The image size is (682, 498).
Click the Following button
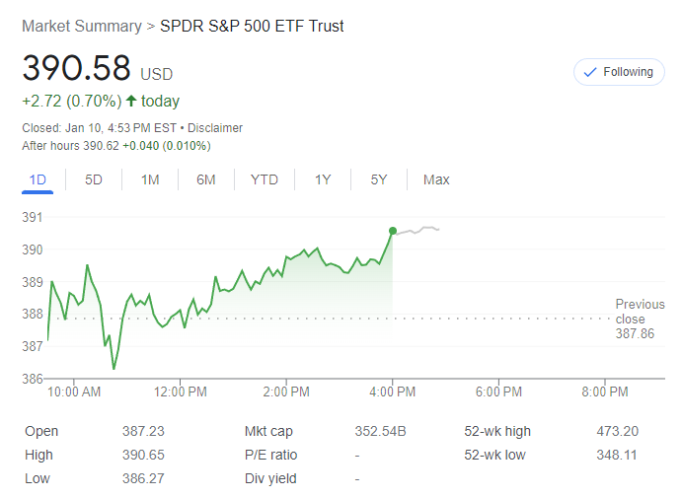[x=619, y=72]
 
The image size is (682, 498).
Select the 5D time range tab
[x=94, y=179]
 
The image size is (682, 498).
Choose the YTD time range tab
[x=265, y=179]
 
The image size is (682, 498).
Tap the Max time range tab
[x=436, y=179]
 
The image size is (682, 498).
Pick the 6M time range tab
[x=206, y=179]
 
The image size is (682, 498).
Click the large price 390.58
[x=77, y=68]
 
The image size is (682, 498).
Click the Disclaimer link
[x=215, y=128]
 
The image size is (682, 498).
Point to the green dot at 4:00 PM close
[x=393, y=231]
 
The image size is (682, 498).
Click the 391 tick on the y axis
[x=33, y=218]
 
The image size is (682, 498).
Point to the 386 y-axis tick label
[x=33, y=379]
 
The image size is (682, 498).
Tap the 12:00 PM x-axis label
[x=182, y=392]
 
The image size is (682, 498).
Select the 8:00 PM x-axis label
[x=604, y=392]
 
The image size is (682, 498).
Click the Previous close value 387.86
[x=633, y=334]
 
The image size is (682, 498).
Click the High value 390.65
[x=144, y=455]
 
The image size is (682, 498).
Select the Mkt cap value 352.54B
[x=381, y=431]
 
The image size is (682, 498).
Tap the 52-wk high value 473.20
[x=617, y=431]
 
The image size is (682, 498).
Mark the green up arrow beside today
[x=130, y=101]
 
